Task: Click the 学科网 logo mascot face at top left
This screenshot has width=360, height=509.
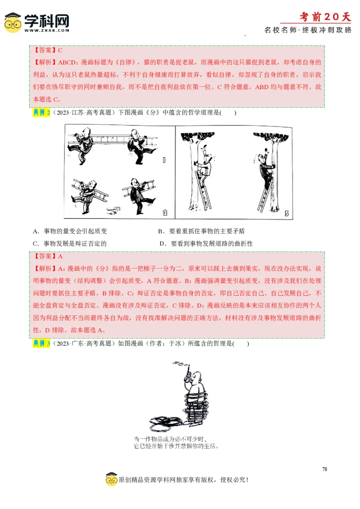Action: [13, 23]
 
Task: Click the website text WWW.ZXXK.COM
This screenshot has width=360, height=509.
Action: [47, 31]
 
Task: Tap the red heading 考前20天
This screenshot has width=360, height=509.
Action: [325, 17]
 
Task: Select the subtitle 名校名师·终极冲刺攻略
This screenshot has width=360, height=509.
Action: [308, 30]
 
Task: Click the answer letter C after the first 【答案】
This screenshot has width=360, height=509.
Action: [60, 50]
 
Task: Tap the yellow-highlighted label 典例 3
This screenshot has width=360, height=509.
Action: [41, 344]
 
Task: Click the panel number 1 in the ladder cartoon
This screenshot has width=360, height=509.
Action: [164, 160]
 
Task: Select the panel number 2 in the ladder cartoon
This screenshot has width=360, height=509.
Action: [165, 213]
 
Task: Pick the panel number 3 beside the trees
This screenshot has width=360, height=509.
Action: [286, 214]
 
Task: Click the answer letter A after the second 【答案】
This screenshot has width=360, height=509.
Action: [60, 256]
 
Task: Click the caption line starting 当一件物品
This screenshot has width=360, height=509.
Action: [172, 439]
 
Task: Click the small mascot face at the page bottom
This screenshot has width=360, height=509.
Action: [112, 480]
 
